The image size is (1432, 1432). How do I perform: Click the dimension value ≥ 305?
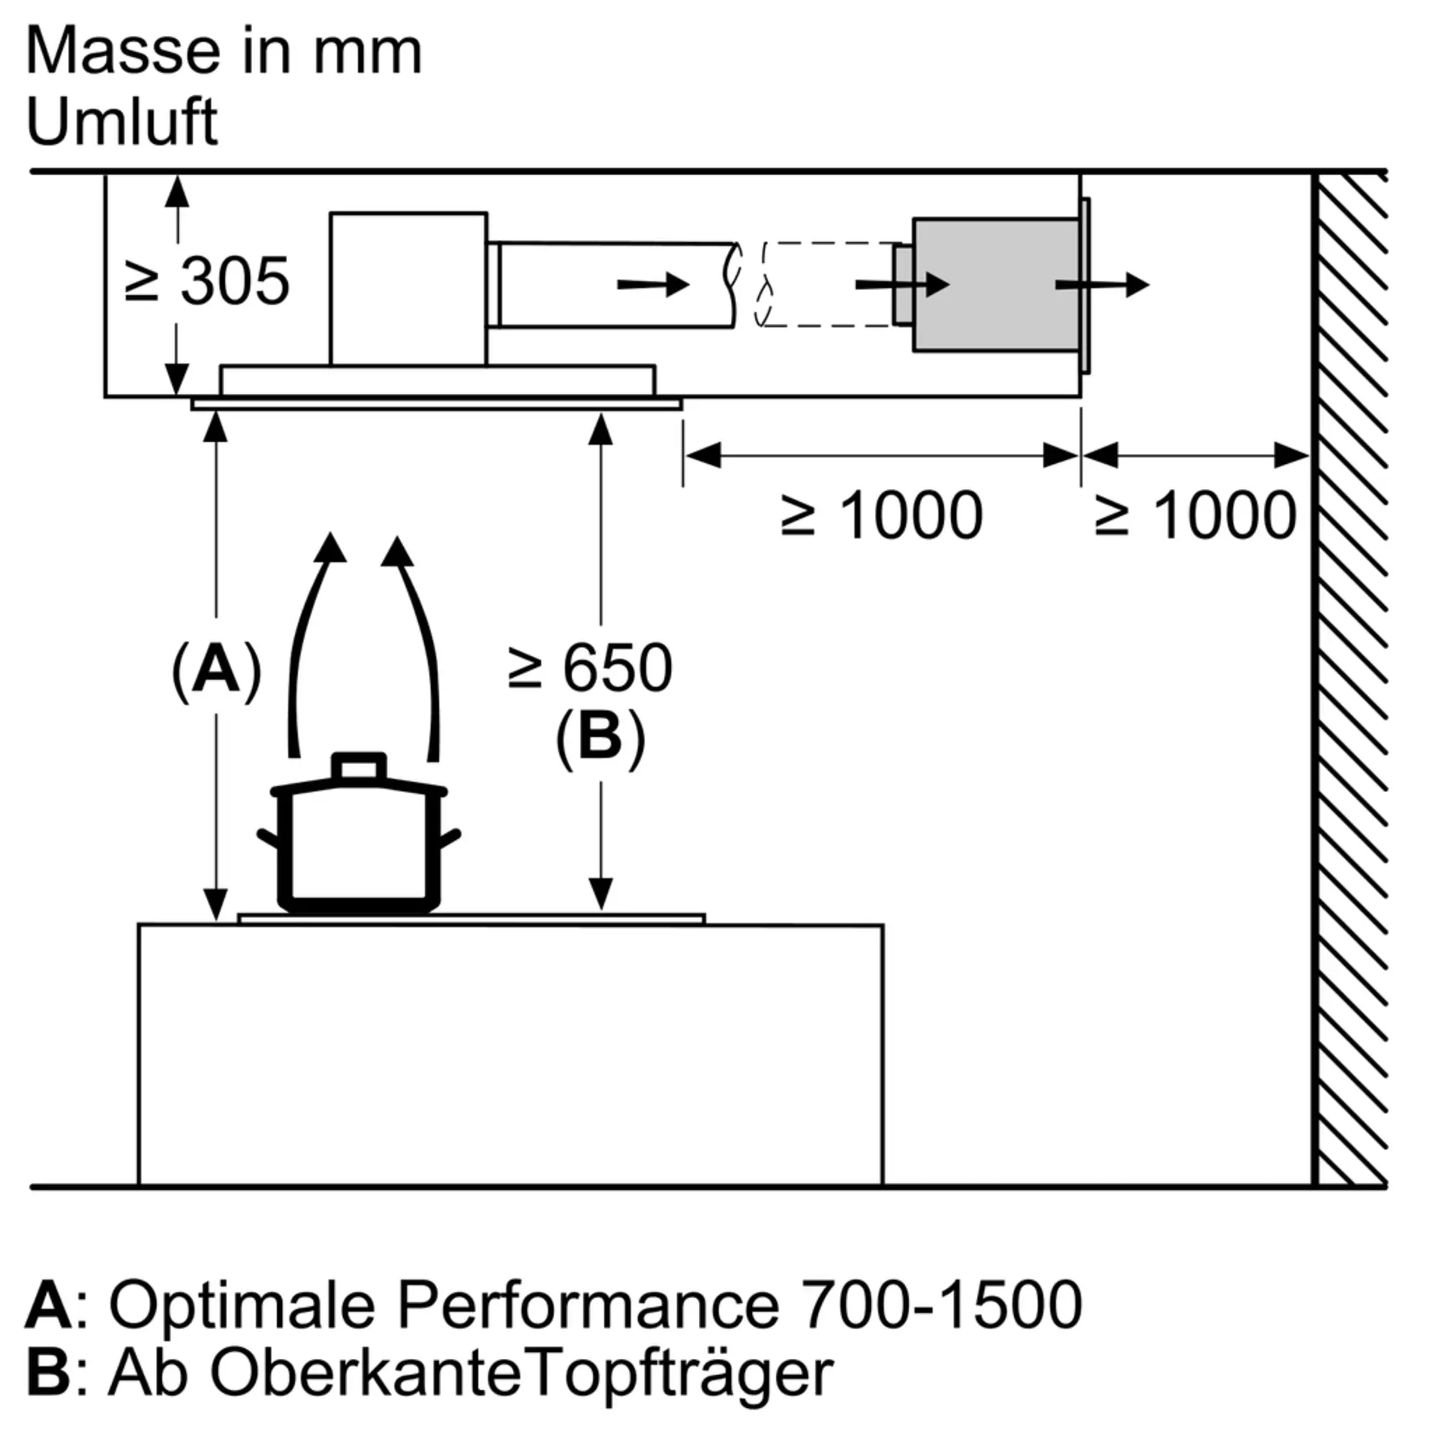[207, 281]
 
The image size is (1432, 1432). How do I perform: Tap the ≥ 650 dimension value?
[591, 669]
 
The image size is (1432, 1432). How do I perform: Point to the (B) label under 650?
[601, 738]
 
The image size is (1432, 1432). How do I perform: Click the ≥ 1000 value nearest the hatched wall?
[1196, 515]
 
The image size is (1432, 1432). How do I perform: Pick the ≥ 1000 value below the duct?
[882, 515]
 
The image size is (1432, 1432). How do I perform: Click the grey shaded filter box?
[995, 285]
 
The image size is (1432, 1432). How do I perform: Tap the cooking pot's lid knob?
[359, 767]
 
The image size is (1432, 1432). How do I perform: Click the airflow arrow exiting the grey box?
[1102, 285]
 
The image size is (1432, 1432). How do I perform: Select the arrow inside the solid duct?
[653, 285]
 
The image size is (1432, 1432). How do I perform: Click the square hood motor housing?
[408, 289]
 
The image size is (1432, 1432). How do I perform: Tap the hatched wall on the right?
[1349, 679]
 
